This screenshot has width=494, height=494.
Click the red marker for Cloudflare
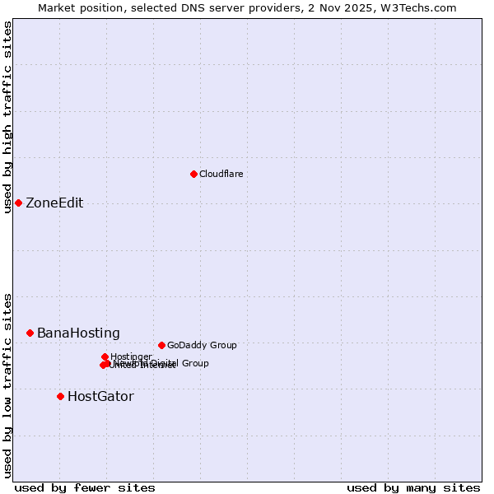coord(193,174)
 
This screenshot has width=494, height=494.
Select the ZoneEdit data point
coord(18,203)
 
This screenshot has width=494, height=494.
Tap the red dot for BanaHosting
coord(30,333)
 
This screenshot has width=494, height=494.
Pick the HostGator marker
coord(60,396)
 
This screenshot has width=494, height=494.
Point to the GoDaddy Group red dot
coord(161,345)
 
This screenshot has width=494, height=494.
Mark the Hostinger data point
coord(105,357)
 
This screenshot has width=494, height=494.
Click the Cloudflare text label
coord(221,174)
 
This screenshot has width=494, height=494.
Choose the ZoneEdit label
coord(54,203)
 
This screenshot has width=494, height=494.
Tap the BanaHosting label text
coord(78,333)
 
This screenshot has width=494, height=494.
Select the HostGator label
coord(100,397)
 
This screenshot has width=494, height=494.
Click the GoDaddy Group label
coord(202,346)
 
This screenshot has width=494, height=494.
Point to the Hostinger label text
coord(131,357)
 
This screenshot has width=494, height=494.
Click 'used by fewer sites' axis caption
coord(85,488)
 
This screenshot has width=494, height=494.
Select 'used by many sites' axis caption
coord(413,488)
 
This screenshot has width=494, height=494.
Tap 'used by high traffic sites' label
coord(7,117)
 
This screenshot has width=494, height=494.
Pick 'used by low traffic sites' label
coord(7,385)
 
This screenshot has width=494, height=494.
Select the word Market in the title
coord(58,7)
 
